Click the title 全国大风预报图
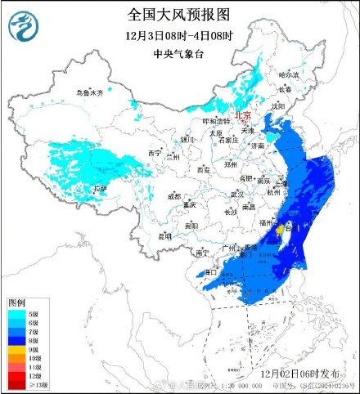(x=179, y=14)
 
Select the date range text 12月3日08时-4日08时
(x=179, y=36)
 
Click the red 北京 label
(x=244, y=116)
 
